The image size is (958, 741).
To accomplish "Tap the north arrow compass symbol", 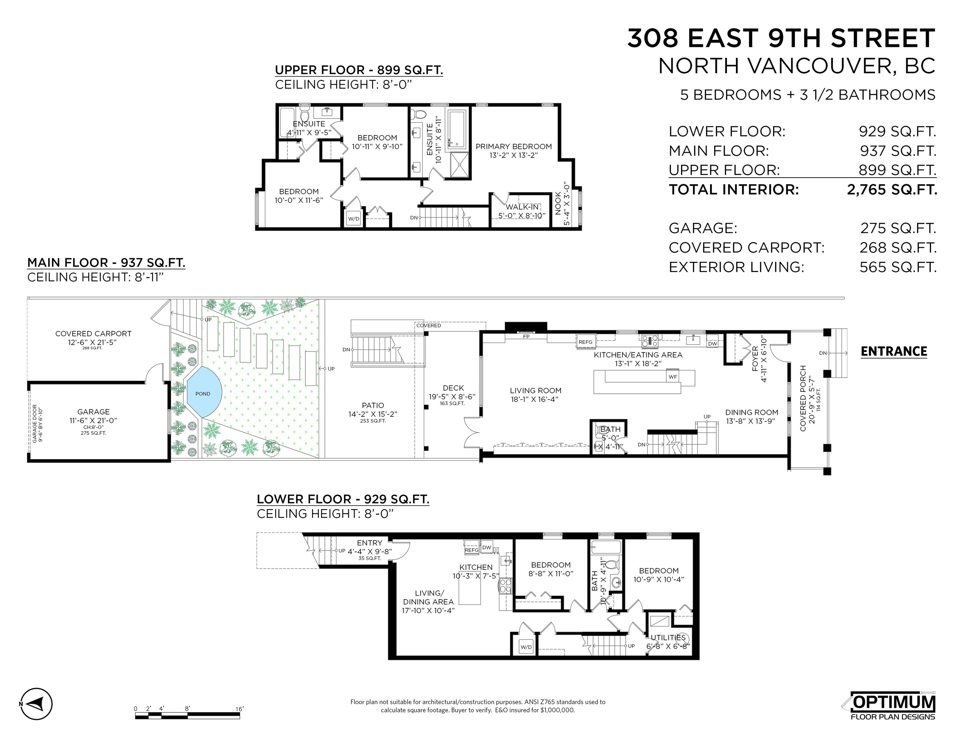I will (x=37, y=704).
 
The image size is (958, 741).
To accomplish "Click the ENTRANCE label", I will (x=893, y=352).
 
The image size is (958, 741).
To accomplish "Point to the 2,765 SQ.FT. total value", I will (x=891, y=190).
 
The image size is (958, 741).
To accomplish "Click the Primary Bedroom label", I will (x=513, y=147).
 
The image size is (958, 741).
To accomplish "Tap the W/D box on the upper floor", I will (x=354, y=218).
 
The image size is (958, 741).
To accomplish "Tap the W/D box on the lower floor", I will (x=526, y=647).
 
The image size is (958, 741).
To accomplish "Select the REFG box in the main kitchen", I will (x=585, y=342).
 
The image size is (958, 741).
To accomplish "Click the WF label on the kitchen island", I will (x=672, y=377).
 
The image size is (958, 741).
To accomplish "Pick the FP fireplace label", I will (x=526, y=337).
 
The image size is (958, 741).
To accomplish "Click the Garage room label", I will (x=94, y=412).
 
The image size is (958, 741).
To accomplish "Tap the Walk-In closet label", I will (x=522, y=207).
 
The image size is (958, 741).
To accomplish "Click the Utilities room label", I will (x=667, y=637).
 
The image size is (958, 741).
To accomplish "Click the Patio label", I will (x=373, y=406).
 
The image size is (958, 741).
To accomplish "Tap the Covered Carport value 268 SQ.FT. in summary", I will (x=898, y=248).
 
